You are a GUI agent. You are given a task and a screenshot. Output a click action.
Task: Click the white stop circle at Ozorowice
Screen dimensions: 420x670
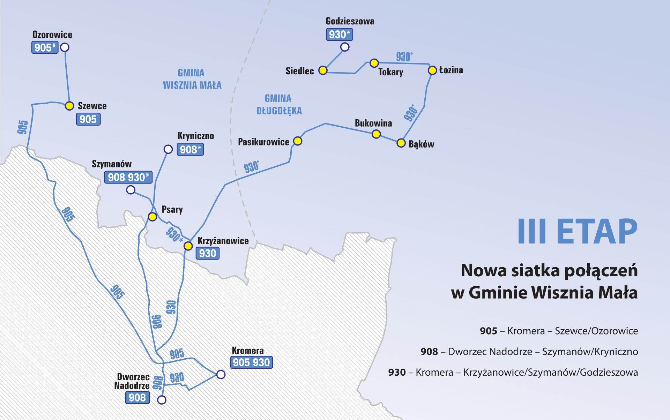(x=65, y=47)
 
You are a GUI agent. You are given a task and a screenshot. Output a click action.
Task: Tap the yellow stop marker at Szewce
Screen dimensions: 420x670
(x=69, y=106)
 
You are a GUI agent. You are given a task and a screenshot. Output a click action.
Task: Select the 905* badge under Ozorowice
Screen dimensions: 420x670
(x=45, y=47)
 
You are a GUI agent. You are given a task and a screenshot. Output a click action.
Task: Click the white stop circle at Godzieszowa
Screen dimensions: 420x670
(x=345, y=47)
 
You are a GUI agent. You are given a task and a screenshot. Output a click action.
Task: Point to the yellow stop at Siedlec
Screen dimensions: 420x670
(x=323, y=70)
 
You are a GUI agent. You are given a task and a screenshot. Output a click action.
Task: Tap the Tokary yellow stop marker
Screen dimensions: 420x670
(x=374, y=63)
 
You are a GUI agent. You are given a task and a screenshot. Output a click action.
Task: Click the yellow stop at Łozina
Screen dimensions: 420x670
(x=432, y=70)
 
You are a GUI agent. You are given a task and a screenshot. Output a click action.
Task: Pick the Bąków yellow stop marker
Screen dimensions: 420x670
(x=401, y=143)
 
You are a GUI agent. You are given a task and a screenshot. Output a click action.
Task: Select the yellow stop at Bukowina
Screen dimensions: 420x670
(x=376, y=134)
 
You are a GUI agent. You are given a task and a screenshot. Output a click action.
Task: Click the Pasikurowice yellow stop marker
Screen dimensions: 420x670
(x=298, y=141)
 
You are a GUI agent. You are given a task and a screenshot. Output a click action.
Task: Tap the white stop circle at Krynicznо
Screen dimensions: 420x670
(x=168, y=149)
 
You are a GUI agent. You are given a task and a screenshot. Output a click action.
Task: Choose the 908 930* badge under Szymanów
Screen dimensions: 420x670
(x=128, y=177)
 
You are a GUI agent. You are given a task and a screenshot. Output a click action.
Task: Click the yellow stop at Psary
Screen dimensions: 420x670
(x=152, y=217)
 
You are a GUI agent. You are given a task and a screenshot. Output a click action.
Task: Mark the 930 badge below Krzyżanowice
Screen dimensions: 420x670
(x=208, y=253)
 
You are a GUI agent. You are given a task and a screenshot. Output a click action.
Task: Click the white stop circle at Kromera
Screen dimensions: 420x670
(x=221, y=374)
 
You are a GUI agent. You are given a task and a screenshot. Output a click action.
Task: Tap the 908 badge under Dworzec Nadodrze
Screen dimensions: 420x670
(x=137, y=397)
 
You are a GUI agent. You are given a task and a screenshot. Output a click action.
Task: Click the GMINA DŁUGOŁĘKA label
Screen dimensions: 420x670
(x=279, y=105)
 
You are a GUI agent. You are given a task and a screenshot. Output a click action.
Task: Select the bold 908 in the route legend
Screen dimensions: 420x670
(x=429, y=352)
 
